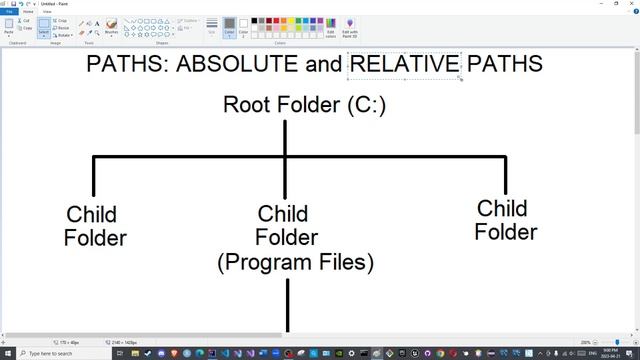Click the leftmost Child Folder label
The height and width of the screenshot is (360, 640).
94,226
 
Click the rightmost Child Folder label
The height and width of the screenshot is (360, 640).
505,220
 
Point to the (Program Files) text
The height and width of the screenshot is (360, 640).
295,263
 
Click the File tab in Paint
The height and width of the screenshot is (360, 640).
9,11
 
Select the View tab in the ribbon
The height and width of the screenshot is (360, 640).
46,11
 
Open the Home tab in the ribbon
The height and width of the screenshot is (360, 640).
28,11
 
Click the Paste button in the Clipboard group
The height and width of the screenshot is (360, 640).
9,26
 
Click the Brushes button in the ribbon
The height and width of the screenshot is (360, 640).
111,26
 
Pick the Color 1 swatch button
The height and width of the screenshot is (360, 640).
229,26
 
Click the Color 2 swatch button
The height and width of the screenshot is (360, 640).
243,26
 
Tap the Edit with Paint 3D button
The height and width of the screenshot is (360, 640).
350,27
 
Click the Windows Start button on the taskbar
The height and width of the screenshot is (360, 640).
7,353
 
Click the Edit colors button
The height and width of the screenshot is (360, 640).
331,27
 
